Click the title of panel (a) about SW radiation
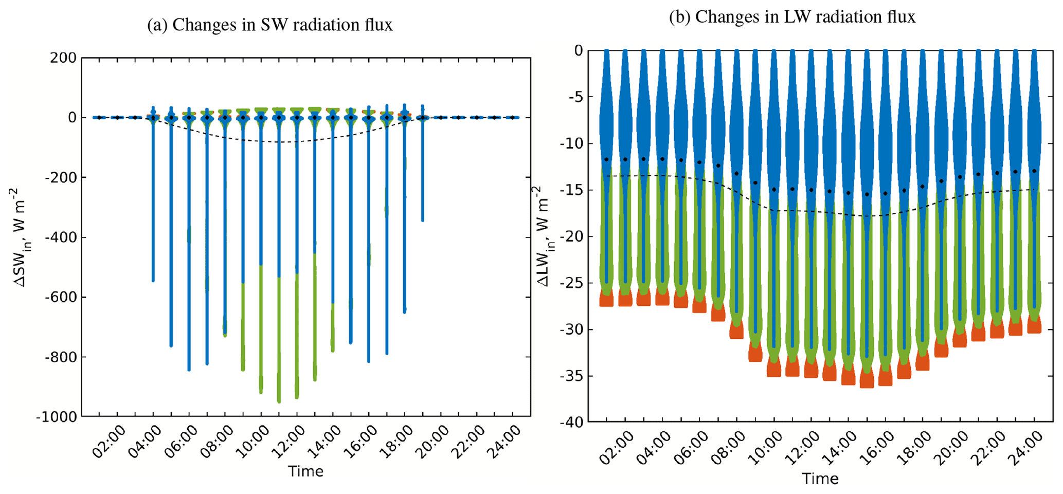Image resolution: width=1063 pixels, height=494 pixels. point(269,25)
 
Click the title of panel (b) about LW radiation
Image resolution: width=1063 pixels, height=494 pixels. point(792,17)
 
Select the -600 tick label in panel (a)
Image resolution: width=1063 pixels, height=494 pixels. point(60,297)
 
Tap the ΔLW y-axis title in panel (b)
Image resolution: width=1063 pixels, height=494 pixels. point(543,236)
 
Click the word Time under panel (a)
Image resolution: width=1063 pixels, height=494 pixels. point(305,471)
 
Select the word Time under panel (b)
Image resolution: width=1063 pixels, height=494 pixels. point(820,479)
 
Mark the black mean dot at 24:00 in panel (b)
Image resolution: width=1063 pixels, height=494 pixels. point(1034,171)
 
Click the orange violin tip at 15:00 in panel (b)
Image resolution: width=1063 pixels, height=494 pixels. point(867,380)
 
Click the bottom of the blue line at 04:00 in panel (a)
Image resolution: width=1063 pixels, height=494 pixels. point(153,280)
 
